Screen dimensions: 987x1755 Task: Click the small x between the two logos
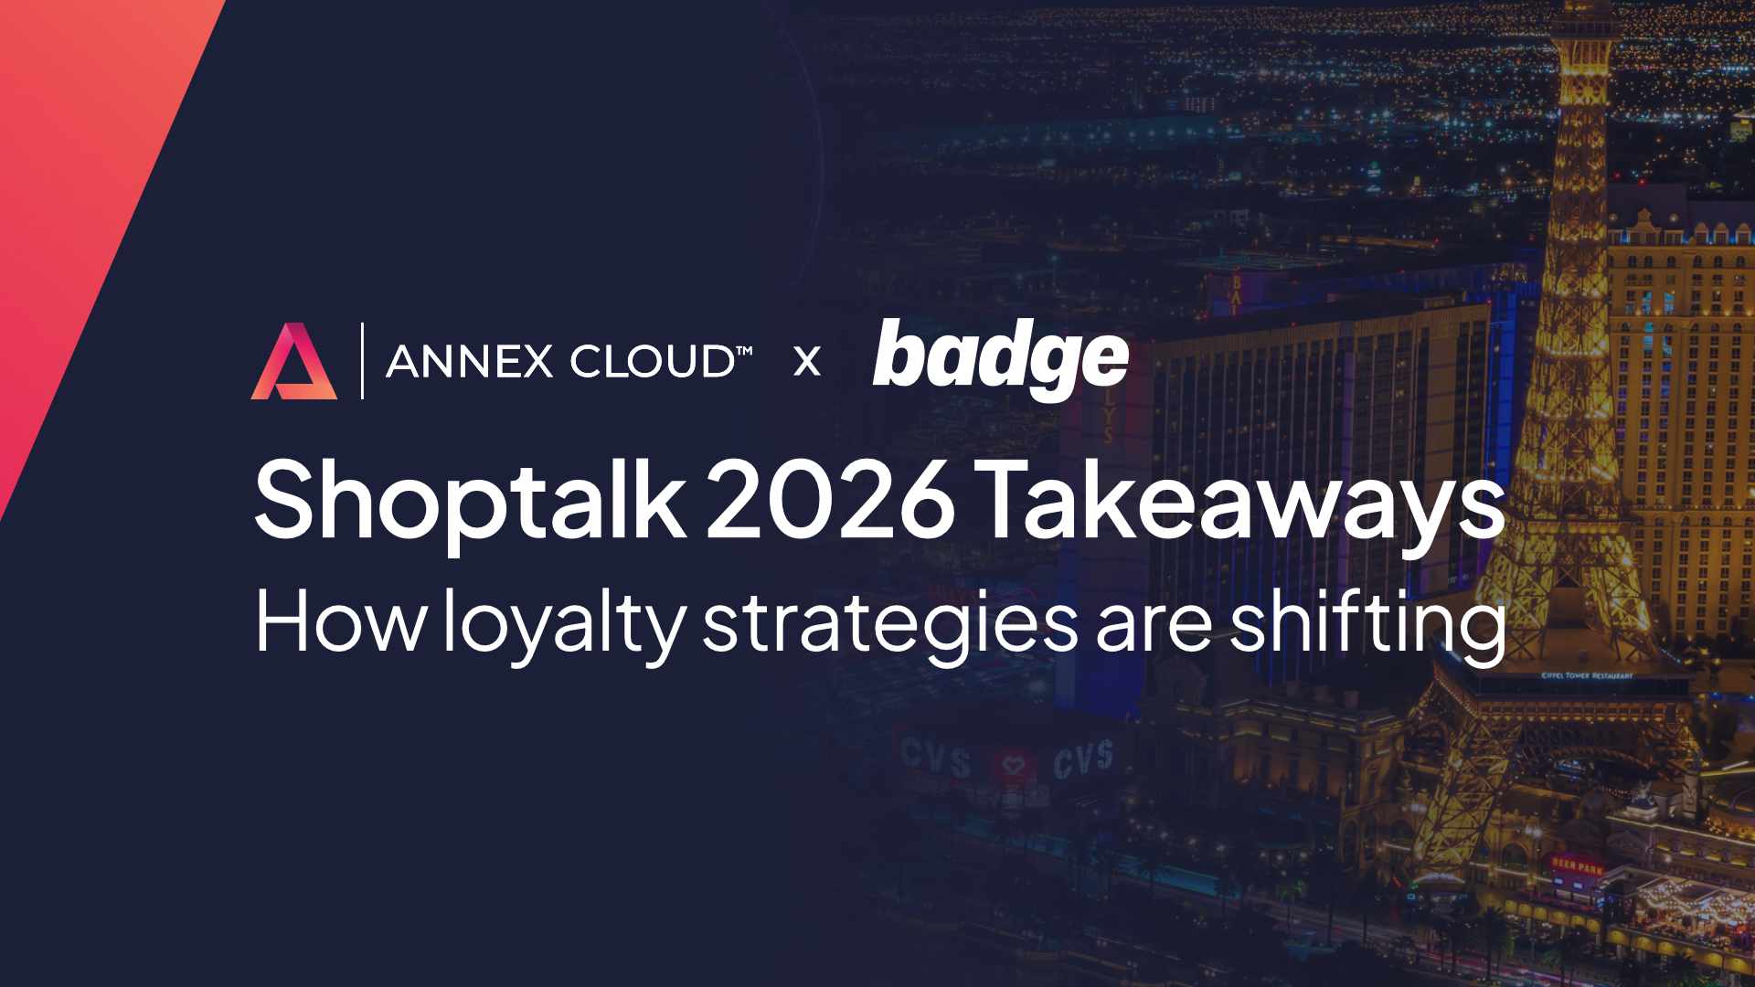(807, 362)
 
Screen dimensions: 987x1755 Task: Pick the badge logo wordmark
(1001, 358)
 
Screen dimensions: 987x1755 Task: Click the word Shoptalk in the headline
(469, 502)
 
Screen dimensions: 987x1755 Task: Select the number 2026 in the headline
(829, 502)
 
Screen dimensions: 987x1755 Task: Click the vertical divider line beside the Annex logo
(362, 361)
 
